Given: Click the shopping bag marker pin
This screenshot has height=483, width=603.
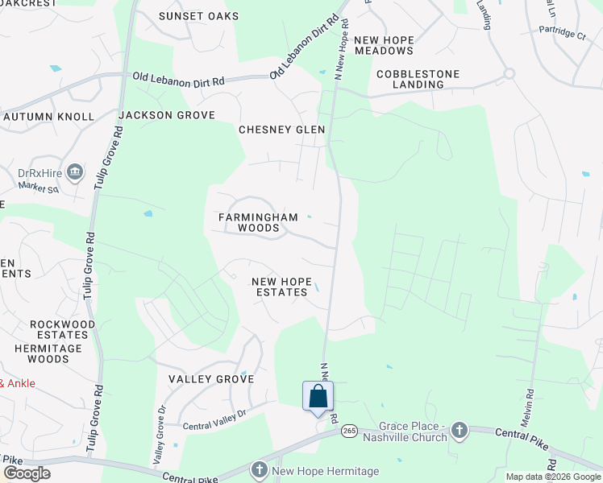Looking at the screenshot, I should coord(318,397).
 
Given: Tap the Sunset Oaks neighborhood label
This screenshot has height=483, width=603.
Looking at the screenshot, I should coord(199,16).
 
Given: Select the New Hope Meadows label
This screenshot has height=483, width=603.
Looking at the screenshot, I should coord(384,45).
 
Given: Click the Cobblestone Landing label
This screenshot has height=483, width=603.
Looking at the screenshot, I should coord(418,79).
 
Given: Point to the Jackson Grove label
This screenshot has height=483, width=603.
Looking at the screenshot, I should coord(167,115).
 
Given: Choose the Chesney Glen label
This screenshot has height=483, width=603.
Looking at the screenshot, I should coord(281,130).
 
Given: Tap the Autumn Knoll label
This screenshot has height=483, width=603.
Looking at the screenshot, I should coord(48,117).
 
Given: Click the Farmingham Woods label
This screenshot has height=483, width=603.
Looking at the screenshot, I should coord(258,222).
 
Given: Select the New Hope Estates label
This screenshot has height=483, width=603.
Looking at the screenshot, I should coord(280,287).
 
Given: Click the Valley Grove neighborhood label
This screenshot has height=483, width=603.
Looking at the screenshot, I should coord(211,378).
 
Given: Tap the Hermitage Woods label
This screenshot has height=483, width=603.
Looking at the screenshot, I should coord(48,353).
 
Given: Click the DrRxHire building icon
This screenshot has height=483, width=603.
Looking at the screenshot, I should coord(75,171).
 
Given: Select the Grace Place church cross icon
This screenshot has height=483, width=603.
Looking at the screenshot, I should coord(460,429).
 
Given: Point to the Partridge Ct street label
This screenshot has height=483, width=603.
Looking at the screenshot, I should coord(563,34).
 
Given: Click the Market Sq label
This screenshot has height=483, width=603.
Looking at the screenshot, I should coord(39,189).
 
